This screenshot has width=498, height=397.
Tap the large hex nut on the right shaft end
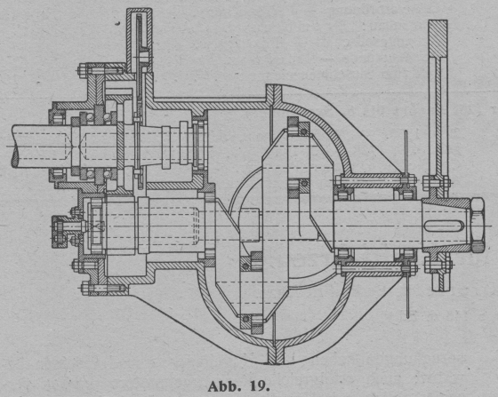(477, 225)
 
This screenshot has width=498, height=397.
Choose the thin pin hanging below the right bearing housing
(407, 295)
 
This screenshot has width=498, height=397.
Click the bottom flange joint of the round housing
(275, 353)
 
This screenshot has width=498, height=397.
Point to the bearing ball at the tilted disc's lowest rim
(245, 318)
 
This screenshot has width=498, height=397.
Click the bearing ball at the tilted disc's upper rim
(304, 131)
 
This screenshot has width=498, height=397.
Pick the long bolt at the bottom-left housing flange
(102, 289)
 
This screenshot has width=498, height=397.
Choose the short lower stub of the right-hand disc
(441, 280)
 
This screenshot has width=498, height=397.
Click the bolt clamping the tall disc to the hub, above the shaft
(437, 183)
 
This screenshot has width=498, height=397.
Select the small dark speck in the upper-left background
(117, 23)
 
